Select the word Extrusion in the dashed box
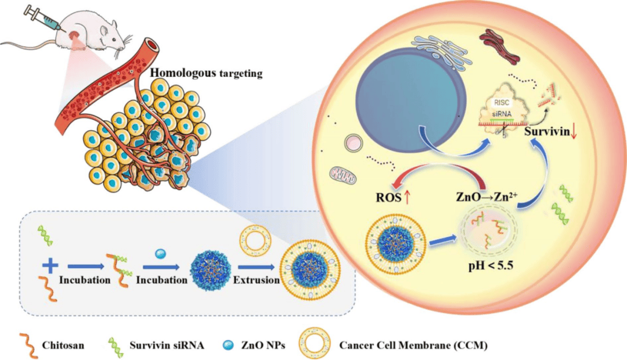click(x=255, y=279)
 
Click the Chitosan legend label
click(x=61, y=345)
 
